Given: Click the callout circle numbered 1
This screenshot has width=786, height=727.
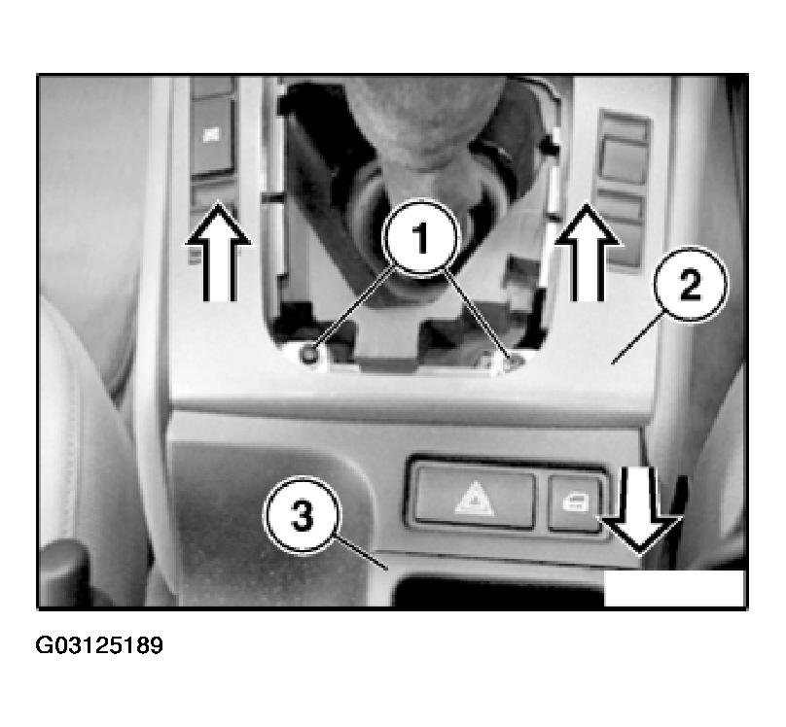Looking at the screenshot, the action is click(x=420, y=237).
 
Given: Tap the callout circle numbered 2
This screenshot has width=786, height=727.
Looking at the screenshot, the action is click(x=691, y=284).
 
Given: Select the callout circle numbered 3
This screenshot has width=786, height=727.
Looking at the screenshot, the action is click(x=303, y=515).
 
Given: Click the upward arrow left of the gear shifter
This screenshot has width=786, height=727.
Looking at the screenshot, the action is click(x=219, y=251).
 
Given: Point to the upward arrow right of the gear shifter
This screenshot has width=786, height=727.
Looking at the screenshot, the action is click(x=588, y=252).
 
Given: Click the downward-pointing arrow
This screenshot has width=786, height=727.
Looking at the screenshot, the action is click(x=641, y=510).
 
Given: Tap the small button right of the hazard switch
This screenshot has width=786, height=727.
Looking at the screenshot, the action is click(x=575, y=503).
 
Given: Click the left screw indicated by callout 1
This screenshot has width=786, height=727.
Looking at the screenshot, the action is click(x=308, y=354).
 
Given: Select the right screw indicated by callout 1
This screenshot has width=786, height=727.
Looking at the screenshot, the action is click(x=514, y=360).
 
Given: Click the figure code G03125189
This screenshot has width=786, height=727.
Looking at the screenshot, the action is click(x=99, y=645).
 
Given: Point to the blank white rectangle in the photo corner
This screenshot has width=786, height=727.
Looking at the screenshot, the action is click(x=674, y=588).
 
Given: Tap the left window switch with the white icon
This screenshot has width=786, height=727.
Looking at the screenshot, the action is click(x=212, y=135).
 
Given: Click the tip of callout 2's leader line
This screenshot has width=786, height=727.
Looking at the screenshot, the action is click(x=612, y=363).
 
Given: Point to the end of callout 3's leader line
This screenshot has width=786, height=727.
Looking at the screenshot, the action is click(x=387, y=570).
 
